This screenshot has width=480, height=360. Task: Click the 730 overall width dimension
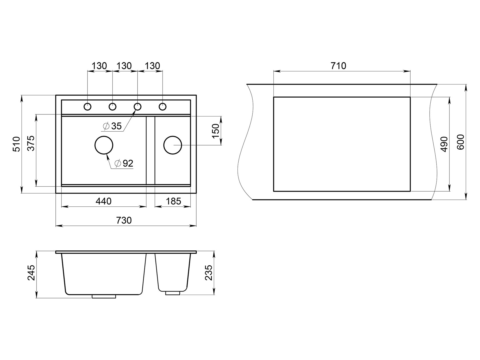pos(124,220)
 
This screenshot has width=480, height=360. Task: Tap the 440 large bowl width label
pos(103,201)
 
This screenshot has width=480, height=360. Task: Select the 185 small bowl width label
pos(173,201)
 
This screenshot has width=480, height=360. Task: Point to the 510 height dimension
pos(17,144)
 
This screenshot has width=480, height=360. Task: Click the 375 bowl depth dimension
pos(31,143)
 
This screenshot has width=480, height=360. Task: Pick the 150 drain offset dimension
pos(216,131)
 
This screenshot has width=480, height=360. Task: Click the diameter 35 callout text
pos(112,126)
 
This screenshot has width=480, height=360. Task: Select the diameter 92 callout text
pos(124,163)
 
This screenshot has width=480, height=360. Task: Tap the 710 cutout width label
pos(338,66)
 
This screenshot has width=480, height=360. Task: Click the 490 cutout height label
pos(444,144)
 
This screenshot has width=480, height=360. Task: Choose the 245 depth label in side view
pos(31,273)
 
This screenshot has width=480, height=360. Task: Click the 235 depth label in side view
pos(208,273)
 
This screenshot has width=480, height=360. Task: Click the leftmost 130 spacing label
pos(99,66)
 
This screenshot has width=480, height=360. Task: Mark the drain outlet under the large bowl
pos(104,296)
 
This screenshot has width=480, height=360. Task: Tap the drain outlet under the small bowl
pos(173,293)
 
